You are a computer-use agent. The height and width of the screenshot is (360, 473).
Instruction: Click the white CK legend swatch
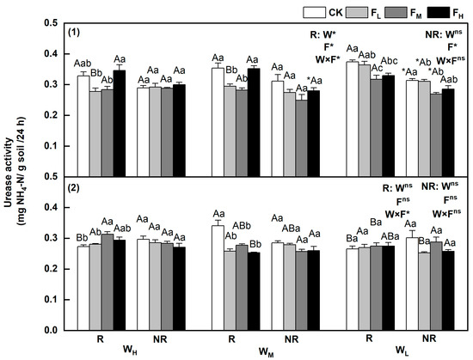(314, 12)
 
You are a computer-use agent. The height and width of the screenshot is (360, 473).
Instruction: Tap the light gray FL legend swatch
(357, 12)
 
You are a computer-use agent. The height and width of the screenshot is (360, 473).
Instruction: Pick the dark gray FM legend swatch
(396, 12)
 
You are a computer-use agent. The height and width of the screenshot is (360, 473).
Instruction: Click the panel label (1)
(74, 33)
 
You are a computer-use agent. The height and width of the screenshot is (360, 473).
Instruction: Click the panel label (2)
(74, 187)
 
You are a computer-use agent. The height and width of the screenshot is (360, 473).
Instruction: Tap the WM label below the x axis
(267, 351)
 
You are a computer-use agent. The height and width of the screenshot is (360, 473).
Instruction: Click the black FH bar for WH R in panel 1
(120, 124)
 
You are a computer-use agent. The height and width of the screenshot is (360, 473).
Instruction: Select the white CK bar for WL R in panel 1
(353, 119)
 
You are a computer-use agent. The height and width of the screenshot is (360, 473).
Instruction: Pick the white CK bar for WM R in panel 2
(218, 278)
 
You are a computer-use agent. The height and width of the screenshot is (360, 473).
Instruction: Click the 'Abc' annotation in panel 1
(389, 61)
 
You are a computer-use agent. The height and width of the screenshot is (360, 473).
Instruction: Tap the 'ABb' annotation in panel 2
(241, 226)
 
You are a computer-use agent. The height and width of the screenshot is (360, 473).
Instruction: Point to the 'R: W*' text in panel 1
(322, 35)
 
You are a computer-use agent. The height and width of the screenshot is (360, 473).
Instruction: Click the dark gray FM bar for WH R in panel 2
(107, 283)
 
